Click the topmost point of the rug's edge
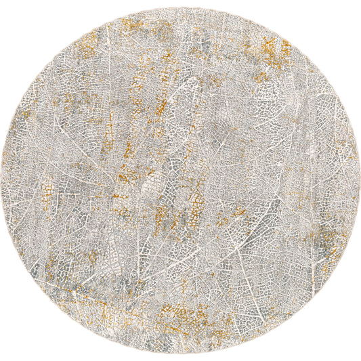[180, 7]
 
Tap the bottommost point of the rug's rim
[180, 353]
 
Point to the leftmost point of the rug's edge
[7, 180]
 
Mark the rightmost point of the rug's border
[354, 180]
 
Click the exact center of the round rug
[180, 180]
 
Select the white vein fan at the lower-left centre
[135, 271]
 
